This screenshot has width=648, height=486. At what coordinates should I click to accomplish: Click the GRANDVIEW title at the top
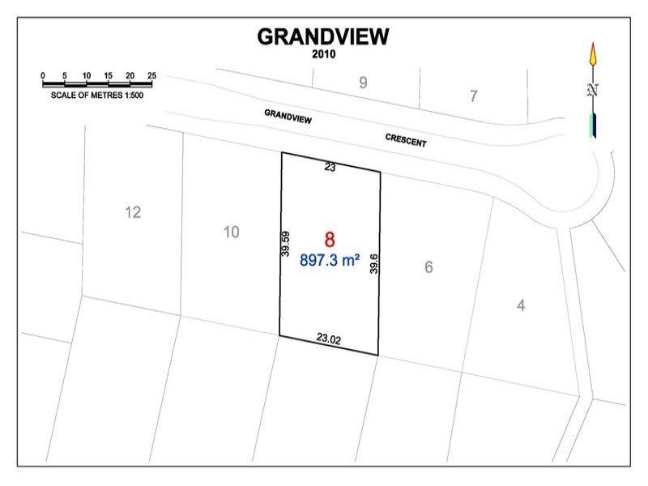(x=323, y=36)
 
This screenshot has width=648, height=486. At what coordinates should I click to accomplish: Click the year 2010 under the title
(x=323, y=54)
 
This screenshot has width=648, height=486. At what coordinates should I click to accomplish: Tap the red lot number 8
(x=330, y=240)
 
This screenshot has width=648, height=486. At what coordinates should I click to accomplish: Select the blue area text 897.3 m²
(x=330, y=261)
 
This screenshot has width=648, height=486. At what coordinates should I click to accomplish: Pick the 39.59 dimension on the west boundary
(x=286, y=242)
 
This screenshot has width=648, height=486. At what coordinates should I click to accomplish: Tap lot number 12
(x=134, y=212)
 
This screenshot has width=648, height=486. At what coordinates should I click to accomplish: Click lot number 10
(x=231, y=232)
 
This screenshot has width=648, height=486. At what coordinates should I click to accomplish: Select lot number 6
(x=428, y=267)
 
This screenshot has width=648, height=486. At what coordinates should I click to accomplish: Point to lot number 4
(x=521, y=305)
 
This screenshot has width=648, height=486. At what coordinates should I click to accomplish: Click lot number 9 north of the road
(x=363, y=82)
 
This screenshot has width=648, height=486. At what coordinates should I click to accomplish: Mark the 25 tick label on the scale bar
(x=151, y=75)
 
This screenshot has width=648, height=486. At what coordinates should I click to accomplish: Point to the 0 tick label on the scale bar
(x=43, y=75)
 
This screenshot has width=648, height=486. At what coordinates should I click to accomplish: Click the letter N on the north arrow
(x=593, y=90)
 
